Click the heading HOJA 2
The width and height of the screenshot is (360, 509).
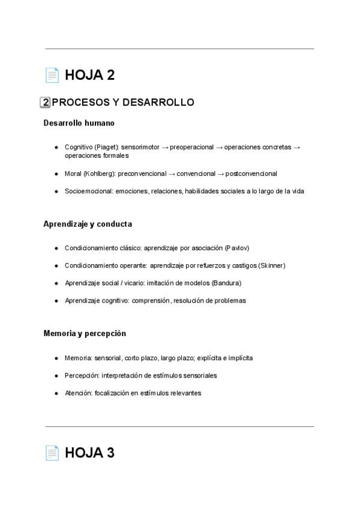tap(89, 76)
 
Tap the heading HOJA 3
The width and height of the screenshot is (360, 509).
tap(89, 454)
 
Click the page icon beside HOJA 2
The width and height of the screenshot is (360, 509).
tap(52, 76)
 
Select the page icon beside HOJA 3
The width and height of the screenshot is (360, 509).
tap(52, 454)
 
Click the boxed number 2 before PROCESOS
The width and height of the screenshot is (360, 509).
tap(45, 103)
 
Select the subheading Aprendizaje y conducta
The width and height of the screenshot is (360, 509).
tap(88, 224)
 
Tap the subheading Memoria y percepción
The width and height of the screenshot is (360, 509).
tap(85, 333)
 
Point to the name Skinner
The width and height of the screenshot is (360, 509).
tap(271, 265)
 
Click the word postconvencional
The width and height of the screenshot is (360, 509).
tap(251, 173)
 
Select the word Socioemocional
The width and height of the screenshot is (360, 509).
tap(86, 191)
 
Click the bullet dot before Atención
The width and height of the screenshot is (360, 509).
tap(56, 393)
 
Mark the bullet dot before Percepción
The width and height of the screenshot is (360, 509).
tap(56, 376)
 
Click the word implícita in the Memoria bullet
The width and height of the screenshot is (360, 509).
tap(239, 358)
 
